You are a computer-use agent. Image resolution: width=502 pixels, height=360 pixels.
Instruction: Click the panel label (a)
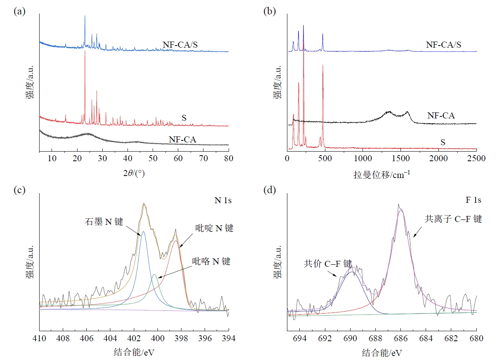click(20, 12)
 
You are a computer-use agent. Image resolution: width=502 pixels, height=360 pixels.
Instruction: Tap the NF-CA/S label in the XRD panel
click(180, 44)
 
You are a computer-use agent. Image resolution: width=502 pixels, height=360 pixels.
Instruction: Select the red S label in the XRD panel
click(184, 118)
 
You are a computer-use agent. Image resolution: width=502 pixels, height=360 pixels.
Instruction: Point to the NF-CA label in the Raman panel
click(441, 116)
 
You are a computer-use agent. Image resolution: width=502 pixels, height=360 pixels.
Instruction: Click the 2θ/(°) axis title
click(134, 172)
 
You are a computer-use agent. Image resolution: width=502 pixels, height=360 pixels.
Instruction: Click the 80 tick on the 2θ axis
click(229, 158)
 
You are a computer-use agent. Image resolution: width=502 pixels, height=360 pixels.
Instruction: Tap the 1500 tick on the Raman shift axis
click(400, 158)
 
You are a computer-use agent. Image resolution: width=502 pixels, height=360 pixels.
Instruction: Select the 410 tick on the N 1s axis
click(40, 338)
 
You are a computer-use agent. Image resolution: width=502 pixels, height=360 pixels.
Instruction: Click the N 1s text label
click(223, 200)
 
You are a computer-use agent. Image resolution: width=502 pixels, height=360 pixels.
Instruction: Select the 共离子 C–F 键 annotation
click(453, 219)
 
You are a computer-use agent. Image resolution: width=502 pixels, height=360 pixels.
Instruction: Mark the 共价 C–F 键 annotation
click(328, 264)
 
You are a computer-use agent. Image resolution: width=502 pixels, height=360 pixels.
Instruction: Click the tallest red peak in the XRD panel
click(85, 51)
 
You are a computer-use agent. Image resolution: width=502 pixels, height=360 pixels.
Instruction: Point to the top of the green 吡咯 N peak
click(154, 274)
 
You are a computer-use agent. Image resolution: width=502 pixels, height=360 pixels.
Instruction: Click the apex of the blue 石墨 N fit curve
click(143, 232)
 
